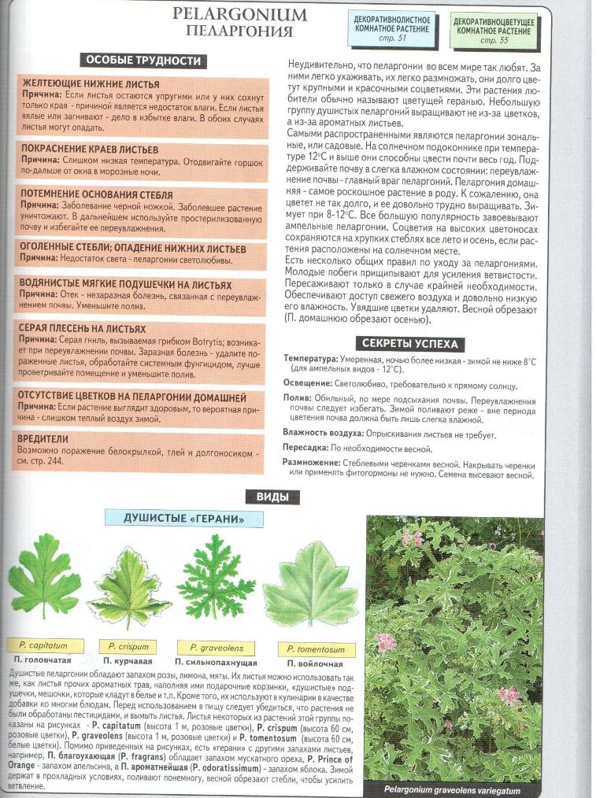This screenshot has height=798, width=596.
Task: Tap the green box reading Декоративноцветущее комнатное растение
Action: [x=494, y=29]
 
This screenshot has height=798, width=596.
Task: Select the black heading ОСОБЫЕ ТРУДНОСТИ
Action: [x=143, y=61]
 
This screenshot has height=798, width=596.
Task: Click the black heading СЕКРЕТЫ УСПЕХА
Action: [x=410, y=344]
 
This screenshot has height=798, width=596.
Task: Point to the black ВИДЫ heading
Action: [x=266, y=497]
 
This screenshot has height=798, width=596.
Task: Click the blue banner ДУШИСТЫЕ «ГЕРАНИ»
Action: [x=183, y=519]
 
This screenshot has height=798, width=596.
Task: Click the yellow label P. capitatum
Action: [x=39, y=645]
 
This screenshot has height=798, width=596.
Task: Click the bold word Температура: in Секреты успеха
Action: [x=310, y=359]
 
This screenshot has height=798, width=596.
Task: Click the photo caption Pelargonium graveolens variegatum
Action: [x=452, y=790]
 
